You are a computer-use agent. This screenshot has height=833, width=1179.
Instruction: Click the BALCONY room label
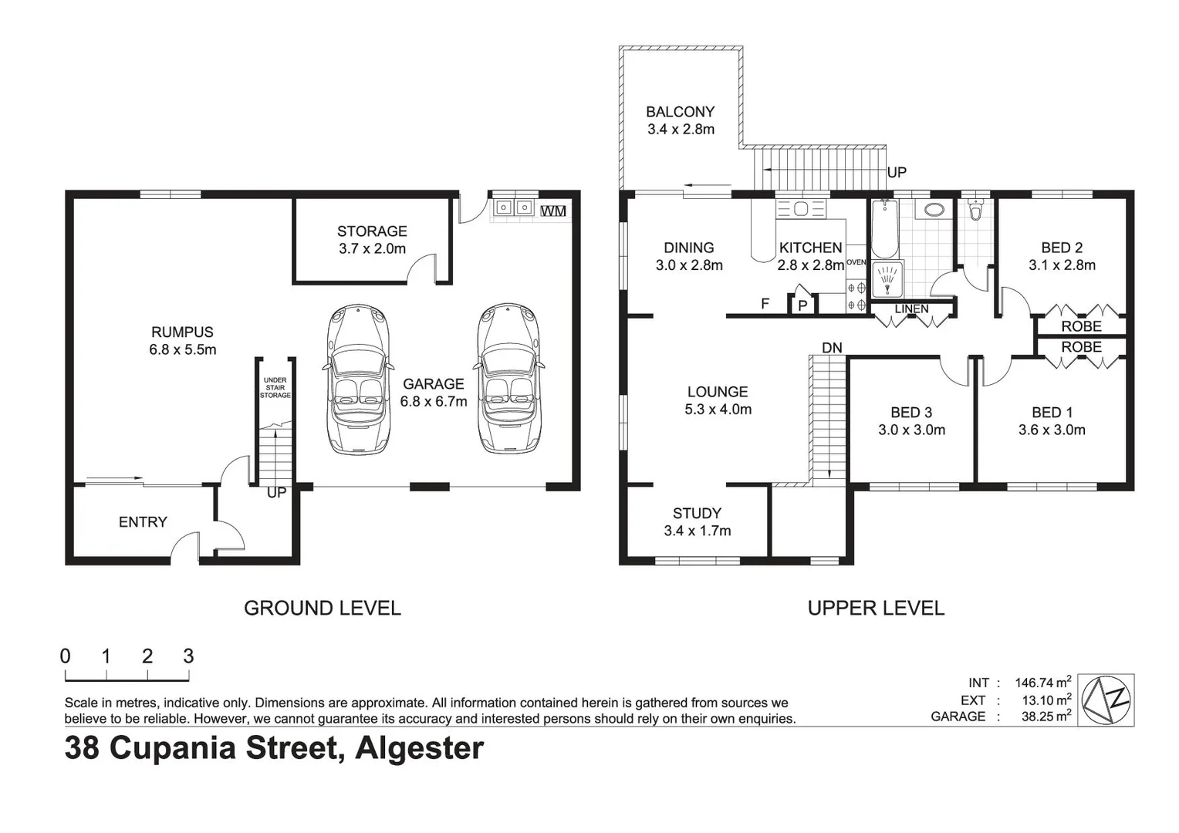(680, 112)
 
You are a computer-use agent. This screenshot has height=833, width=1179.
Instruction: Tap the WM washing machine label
(552, 211)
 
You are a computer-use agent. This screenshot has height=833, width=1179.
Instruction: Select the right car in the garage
(508, 378)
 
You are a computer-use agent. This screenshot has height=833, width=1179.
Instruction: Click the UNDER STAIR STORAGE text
(275, 388)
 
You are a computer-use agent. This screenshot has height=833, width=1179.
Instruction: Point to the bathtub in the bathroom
(884, 229)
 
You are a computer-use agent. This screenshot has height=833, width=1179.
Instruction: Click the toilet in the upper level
(976, 210)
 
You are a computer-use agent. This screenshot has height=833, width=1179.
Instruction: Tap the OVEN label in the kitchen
(856, 262)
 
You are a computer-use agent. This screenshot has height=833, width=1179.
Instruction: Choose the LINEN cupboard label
(911, 309)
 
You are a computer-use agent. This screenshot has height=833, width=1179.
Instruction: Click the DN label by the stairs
(831, 348)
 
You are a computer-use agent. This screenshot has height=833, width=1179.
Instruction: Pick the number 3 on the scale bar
(188, 656)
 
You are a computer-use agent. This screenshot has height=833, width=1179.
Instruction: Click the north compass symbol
(1106, 700)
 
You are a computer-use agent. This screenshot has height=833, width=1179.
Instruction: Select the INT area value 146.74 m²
(1042, 683)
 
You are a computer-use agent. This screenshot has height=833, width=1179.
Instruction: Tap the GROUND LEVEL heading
(322, 609)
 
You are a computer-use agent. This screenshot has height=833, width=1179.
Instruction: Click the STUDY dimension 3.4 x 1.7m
(697, 531)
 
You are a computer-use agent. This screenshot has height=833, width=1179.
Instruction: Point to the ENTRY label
(143, 522)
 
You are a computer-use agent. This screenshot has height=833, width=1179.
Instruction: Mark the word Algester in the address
(419, 748)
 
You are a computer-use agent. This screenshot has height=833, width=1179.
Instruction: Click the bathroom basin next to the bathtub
(933, 210)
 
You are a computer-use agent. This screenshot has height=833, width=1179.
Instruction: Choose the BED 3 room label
(910, 413)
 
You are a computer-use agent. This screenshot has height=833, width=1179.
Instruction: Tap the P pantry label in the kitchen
(802, 305)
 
